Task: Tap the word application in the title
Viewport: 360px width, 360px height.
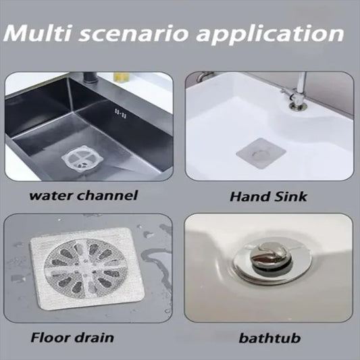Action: [277, 34]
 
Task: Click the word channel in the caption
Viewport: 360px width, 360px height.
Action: [111, 196]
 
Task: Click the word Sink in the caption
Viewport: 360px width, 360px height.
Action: [291, 197]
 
